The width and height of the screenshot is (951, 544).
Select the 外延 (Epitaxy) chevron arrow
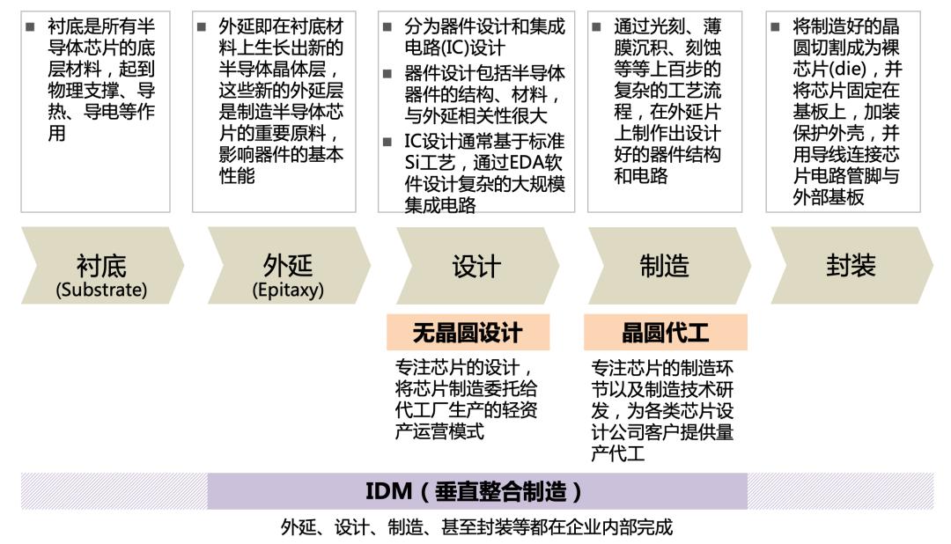point(289,266)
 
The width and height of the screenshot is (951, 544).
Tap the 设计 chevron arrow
point(477,266)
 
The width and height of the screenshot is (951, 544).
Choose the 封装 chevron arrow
point(851,266)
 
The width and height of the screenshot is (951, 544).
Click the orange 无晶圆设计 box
point(468,333)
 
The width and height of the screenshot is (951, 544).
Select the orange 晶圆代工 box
point(666,333)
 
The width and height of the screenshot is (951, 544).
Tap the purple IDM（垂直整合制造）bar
point(477,491)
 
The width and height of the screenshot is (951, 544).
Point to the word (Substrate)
point(101,290)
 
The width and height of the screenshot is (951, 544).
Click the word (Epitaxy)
point(288,290)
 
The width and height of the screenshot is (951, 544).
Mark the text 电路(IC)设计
point(454,48)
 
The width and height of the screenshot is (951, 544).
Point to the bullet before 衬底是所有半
point(30,26)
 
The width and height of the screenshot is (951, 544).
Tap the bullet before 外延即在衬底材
point(202,26)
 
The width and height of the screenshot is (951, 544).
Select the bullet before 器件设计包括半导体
point(387,74)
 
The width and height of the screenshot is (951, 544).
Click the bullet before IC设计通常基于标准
point(387,142)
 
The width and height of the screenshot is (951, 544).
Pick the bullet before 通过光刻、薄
point(597,26)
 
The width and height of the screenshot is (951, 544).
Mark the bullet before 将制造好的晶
point(775,26)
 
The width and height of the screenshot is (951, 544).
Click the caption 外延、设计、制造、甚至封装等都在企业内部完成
point(476,527)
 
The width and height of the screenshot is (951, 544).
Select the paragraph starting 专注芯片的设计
point(466,399)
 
